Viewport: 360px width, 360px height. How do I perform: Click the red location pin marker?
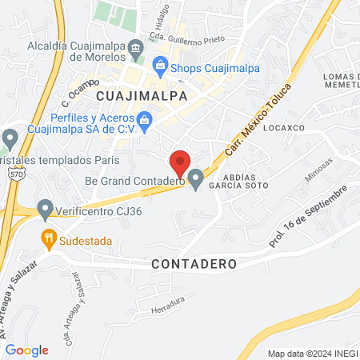click(181, 162)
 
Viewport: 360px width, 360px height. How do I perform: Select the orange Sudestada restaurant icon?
click(48, 238)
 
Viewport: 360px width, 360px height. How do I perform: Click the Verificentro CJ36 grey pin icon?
click(46, 212)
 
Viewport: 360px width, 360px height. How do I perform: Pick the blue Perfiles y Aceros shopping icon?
click(145, 122)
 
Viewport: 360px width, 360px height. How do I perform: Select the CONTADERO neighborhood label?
click(194, 263)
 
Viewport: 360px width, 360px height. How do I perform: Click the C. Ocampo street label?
click(79, 84)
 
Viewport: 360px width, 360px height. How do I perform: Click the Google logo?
click(26, 350)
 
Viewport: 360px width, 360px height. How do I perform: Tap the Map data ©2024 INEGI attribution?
click(312, 354)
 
